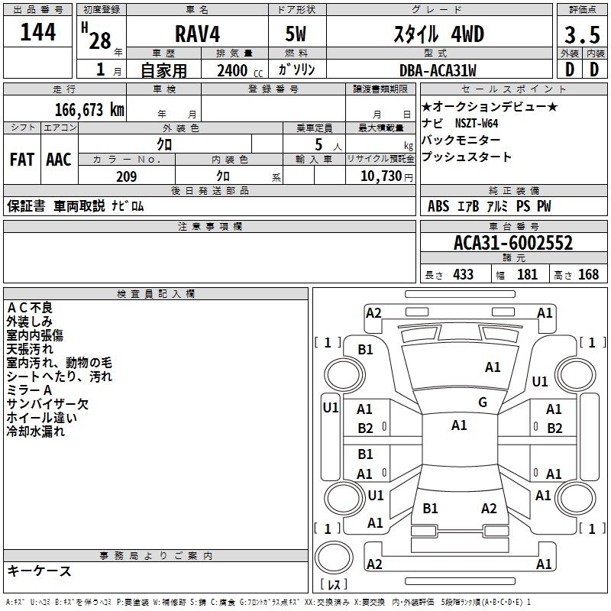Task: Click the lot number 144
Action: point(37,34)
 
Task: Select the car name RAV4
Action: point(196,34)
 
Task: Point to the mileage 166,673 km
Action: point(89,109)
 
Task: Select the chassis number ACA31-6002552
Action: point(513,243)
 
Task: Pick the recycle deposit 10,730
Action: point(380,176)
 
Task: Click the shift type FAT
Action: point(21,160)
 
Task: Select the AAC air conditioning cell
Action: point(59,160)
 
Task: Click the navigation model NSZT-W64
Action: point(477,124)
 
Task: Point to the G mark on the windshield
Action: point(482,402)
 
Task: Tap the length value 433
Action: point(462,274)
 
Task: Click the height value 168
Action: point(588,274)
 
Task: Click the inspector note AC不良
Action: point(30,308)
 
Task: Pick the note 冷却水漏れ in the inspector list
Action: point(36,432)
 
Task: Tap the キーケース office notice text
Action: point(40,571)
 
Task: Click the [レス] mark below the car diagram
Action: point(334,584)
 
